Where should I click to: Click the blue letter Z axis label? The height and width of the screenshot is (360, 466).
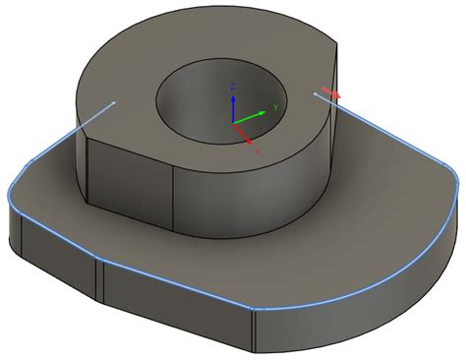coord(232,87)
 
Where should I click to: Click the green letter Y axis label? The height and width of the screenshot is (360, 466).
coord(277,105)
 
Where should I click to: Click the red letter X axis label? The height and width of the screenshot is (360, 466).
coord(258,153)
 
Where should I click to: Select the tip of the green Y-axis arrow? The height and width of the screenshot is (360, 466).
coord(267,111)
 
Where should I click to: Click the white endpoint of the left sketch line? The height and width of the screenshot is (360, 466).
coord(115,101)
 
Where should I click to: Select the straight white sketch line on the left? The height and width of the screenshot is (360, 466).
coord(74,128)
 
